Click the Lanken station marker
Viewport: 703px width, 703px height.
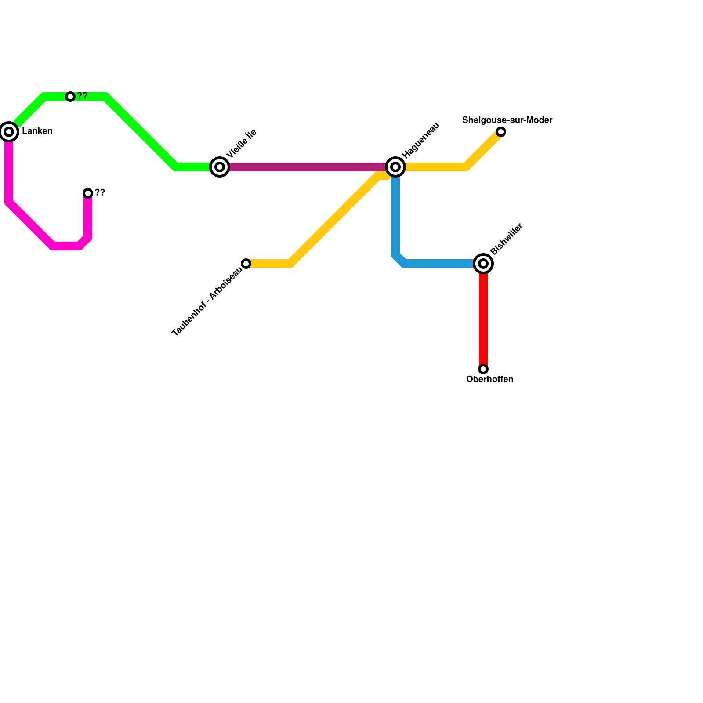coord(9,132)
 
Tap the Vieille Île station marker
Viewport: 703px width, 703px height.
coord(220,167)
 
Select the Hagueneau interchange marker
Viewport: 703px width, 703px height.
coord(395,167)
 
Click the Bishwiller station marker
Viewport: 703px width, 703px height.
coord(483,264)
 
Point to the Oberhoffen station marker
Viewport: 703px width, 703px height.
coord(483,369)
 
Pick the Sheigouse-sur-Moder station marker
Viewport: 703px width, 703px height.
coord(501,132)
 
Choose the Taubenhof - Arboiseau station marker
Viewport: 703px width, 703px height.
coord(246,264)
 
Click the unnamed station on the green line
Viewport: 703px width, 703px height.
coord(70,97)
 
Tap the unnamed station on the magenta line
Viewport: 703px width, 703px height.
coord(88,193)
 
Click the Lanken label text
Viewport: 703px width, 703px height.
coord(37,131)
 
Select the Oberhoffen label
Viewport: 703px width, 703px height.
coord(490,380)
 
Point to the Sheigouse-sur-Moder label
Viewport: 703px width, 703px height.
coord(507,120)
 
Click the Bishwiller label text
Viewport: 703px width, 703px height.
coord(507,239)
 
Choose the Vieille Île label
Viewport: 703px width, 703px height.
coord(242,144)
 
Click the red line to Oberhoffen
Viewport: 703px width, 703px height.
coord(483,316)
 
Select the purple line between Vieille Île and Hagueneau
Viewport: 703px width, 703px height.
coord(308,167)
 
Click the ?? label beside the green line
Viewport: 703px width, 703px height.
coord(83,96)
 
